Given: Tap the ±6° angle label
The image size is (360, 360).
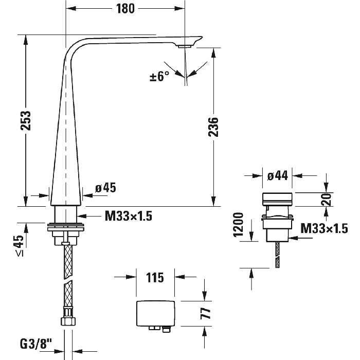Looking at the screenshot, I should point(159,77).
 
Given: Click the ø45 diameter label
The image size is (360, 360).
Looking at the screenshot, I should point(106,188).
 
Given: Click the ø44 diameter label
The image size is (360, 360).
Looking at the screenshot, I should point(277,175).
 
